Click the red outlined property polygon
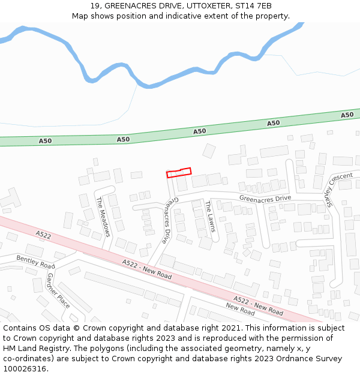tap(179, 173)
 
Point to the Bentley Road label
tap(35, 262)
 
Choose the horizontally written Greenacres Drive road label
tap(265, 198)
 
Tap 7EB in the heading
tap(264, 6)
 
